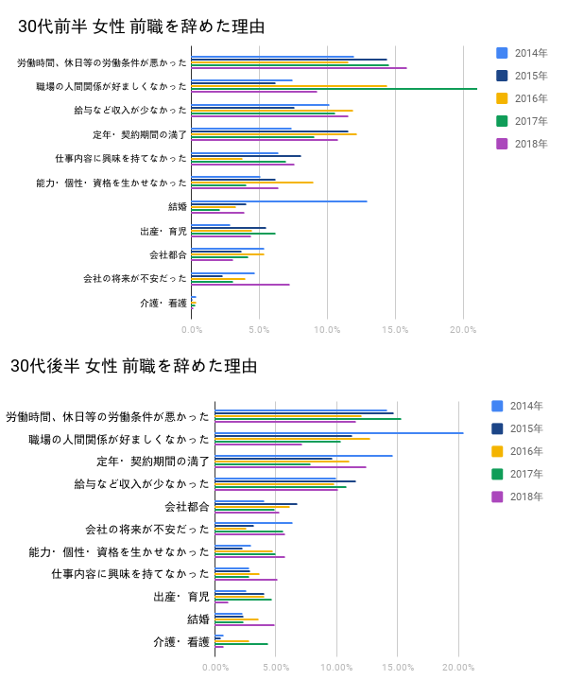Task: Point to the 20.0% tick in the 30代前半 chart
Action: (x=463, y=329)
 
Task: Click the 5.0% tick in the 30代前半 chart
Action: (x=259, y=329)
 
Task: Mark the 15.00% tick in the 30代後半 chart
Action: (x=398, y=667)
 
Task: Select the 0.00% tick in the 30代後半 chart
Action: (x=215, y=667)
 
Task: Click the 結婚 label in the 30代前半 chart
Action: (x=177, y=206)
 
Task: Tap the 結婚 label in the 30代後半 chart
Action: (x=198, y=619)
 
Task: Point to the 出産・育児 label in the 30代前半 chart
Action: (x=163, y=231)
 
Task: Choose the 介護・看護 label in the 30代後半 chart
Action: (x=181, y=642)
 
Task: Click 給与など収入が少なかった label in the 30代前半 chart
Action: (x=130, y=111)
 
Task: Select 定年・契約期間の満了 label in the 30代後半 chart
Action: (x=153, y=462)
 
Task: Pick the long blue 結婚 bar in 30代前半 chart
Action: (x=279, y=201)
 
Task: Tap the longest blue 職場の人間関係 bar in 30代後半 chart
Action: (x=339, y=433)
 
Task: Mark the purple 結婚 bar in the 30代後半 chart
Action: (x=245, y=625)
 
